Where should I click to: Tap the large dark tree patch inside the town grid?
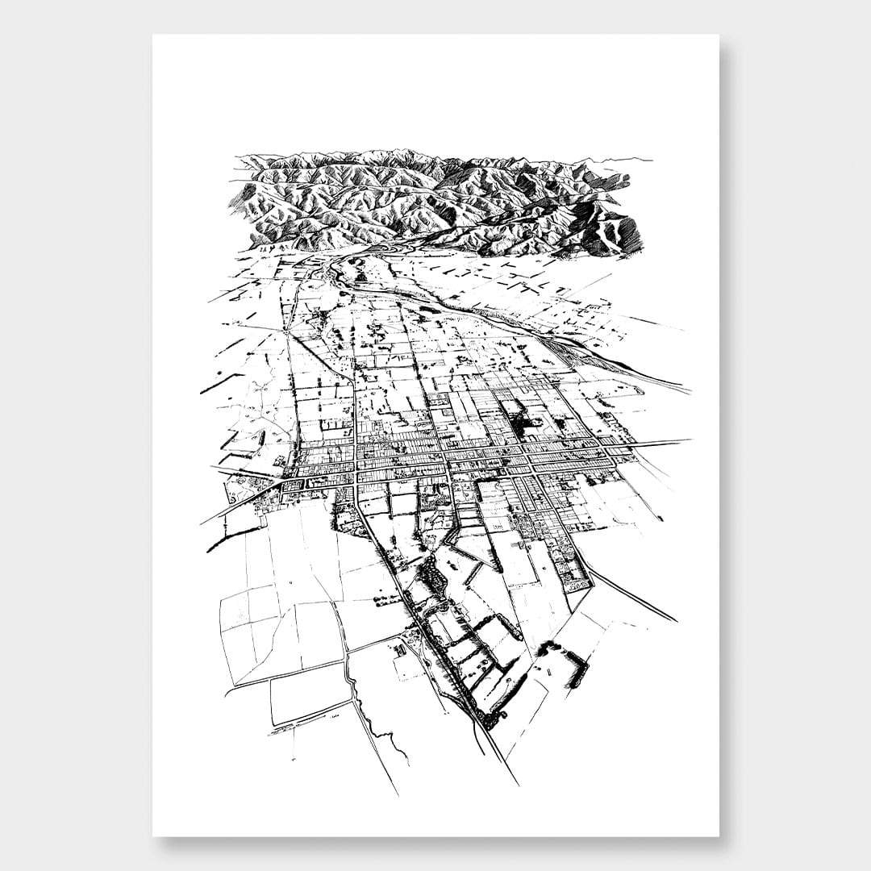pos(516,416)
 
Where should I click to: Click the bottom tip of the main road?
pos(517,782)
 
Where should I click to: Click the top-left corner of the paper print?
pos(153,35)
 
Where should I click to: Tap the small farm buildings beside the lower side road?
pos(403,645)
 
